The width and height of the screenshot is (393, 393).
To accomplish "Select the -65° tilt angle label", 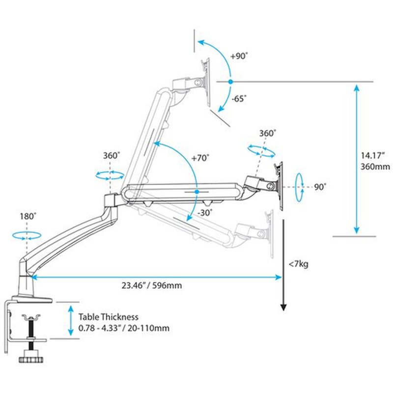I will [239, 98].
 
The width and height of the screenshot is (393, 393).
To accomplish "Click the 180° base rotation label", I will [28, 216].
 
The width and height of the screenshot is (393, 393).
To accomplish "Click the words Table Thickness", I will [108, 317].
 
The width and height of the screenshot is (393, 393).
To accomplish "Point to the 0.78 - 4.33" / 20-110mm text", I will [124, 328].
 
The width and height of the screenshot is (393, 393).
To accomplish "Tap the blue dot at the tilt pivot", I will [230, 81].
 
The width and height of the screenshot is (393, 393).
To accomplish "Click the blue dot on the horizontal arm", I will [196, 191].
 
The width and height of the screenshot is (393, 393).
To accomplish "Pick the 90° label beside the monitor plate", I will [320, 187].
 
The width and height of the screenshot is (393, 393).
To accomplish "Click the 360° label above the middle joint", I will [112, 155].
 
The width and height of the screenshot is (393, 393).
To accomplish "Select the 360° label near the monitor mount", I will [268, 133].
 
